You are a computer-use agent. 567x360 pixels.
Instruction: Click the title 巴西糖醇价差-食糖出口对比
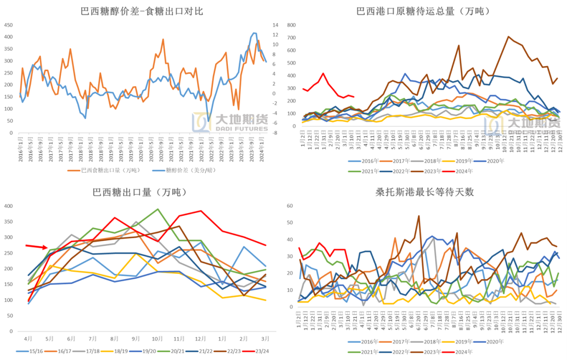pos(142,11)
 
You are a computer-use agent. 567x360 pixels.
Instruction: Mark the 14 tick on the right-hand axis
pos(274,25)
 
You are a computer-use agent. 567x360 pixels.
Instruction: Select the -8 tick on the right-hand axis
pos(274,133)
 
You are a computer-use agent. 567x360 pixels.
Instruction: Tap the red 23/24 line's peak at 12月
pos(201,211)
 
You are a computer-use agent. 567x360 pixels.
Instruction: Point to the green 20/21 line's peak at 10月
pos(158,209)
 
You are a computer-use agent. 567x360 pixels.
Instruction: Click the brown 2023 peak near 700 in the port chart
pos(508,37)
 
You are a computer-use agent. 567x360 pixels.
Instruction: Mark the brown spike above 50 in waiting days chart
pos(419,216)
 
